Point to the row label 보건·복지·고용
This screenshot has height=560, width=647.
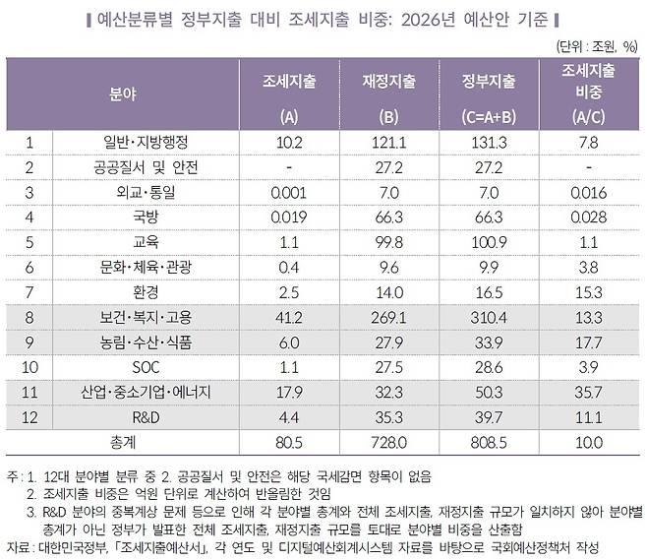click(x=147, y=317)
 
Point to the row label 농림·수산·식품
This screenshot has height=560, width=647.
click(x=147, y=342)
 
